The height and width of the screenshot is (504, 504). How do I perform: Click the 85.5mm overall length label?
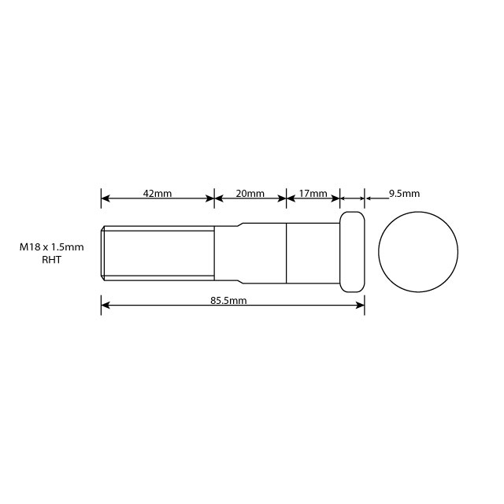(229, 300)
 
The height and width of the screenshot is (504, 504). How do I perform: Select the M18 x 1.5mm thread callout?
(52, 246)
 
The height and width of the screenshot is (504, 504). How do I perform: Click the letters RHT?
(51, 259)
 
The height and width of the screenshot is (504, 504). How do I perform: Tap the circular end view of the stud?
(418, 252)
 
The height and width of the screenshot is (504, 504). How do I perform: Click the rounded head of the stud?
(352, 252)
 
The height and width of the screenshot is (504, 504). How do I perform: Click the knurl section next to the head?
(313, 253)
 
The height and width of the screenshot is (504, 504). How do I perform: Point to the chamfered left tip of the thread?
(102, 253)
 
